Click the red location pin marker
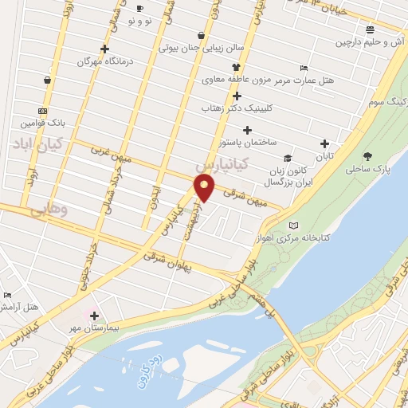pyautogui.click(x=205, y=189)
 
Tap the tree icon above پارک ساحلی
pyautogui.click(x=367, y=157)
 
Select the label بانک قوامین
pyautogui.click(x=41, y=124)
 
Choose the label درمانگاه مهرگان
pyautogui.click(x=104, y=61)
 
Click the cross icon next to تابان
pyautogui.click(x=324, y=143)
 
